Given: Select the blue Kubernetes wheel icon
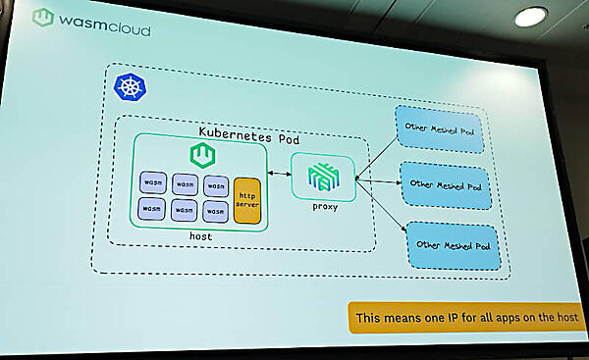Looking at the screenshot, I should click(x=128, y=87).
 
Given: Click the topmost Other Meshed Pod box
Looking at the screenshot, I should click(x=441, y=130).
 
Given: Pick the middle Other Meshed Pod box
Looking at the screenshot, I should click(x=447, y=185).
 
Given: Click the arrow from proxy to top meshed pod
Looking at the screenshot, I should click(x=375, y=157).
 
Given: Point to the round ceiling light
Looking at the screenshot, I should click(x=531, y=17).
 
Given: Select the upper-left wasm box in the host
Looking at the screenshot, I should click(x=151, y=183).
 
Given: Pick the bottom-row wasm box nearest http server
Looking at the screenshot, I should click(x=216, y=208).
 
